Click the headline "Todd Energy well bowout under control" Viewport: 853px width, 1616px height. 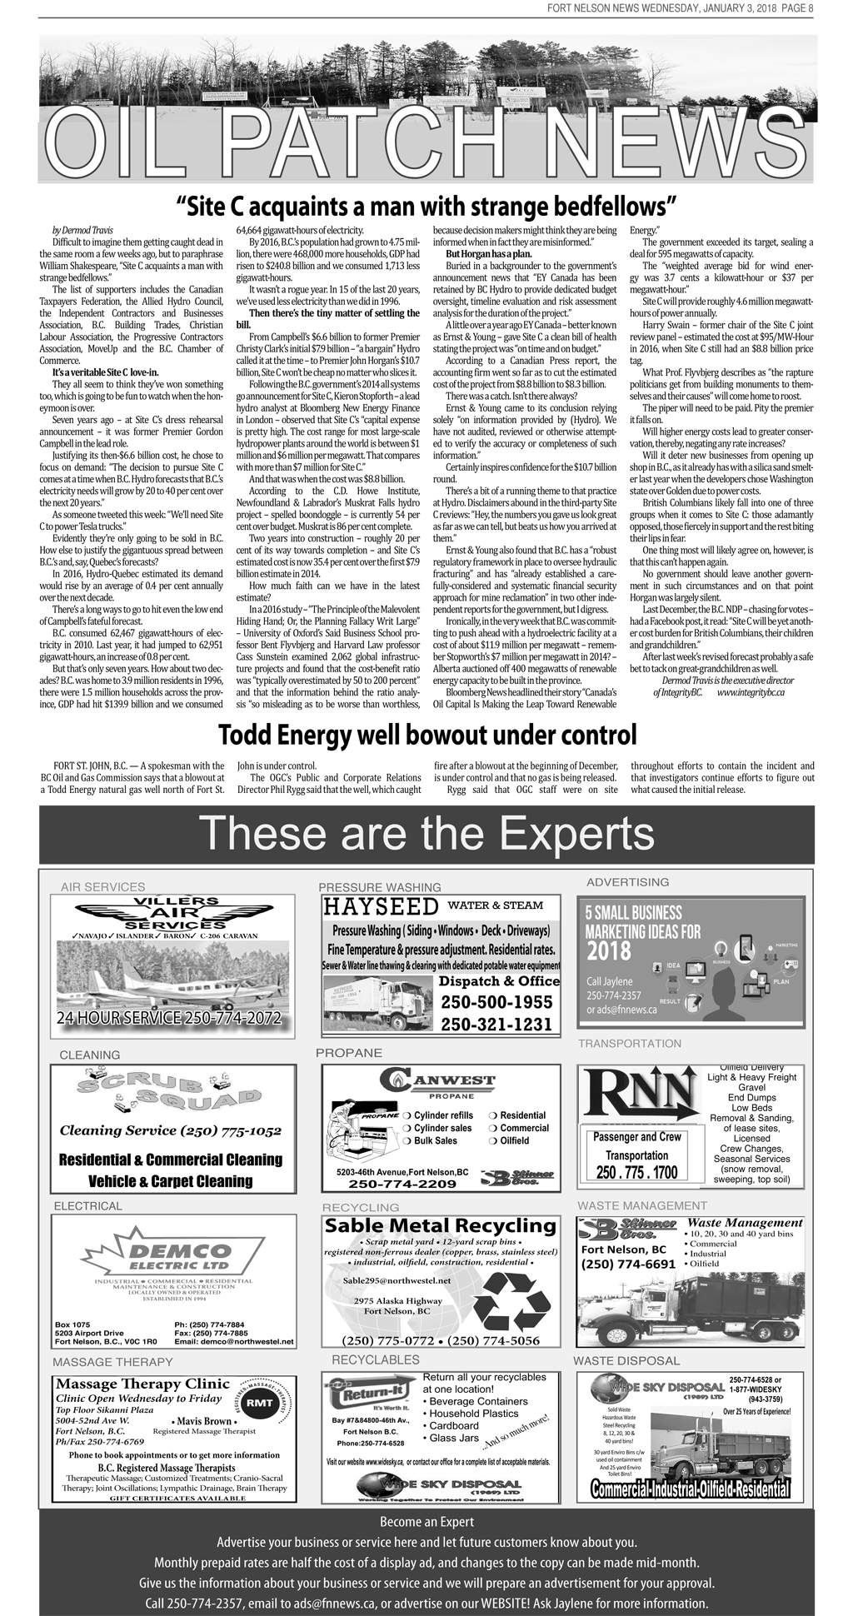click(x=426, y=736)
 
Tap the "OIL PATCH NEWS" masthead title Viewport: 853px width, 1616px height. click(x=426, y=142)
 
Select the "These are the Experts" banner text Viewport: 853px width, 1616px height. click(x=426, y=833)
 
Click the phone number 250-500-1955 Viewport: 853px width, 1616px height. click(x=496, y=1002)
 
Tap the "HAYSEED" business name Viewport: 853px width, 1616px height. click(x=381, y=906)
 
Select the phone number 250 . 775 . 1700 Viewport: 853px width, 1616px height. click(x=637, y=1172)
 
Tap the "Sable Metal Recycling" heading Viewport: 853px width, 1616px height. click(x=440, y=1226)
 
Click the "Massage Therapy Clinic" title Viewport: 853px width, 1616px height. click(x=142, y=1384)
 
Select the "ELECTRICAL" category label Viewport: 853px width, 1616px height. click(x=87, y=1206)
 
